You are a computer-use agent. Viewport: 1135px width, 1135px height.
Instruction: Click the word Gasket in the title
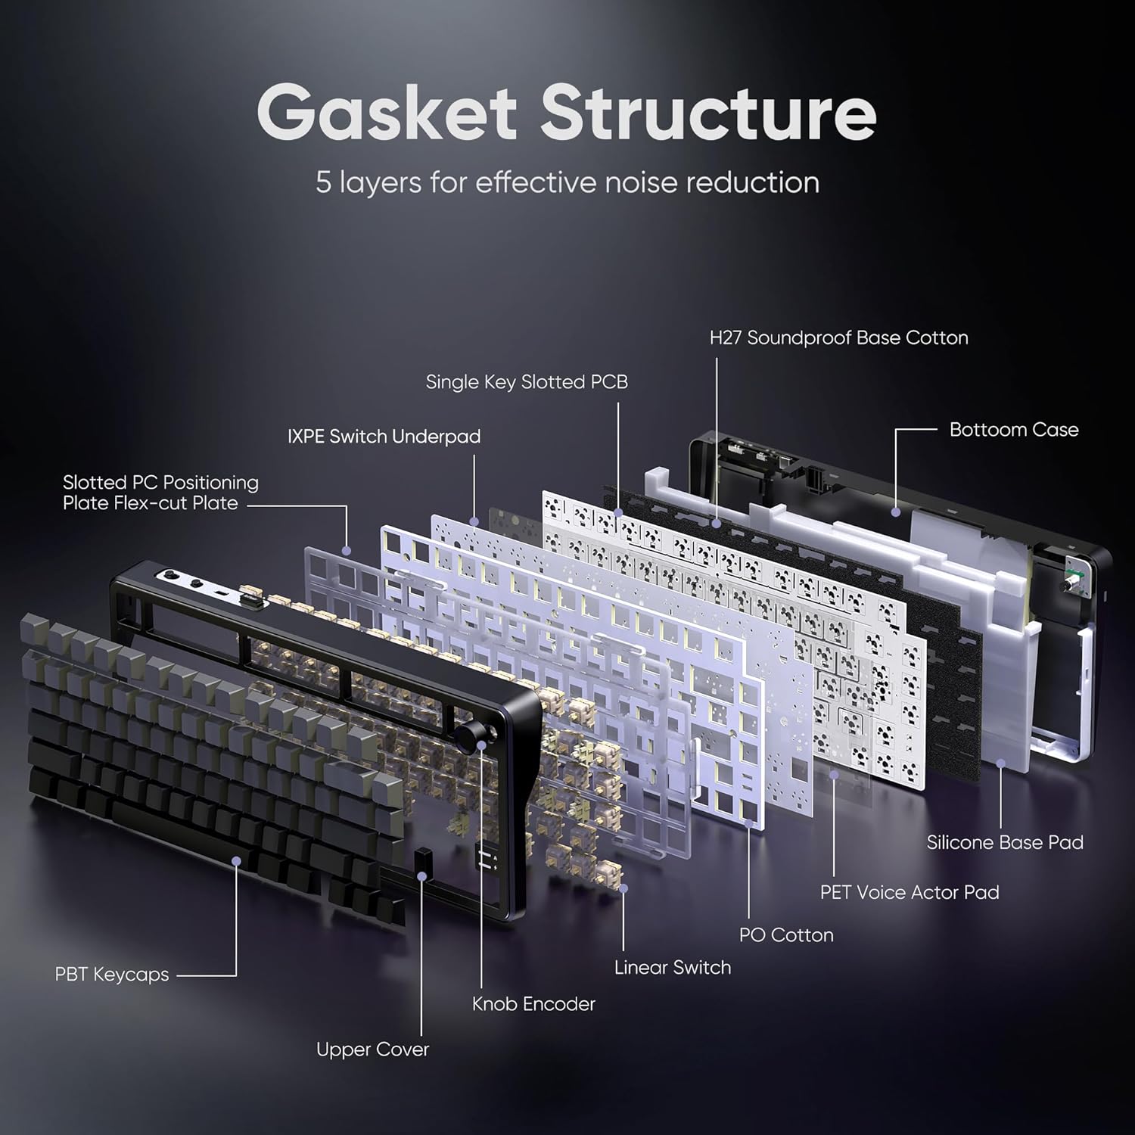[387, 113]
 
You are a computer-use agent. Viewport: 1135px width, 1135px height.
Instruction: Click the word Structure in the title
[708, 113]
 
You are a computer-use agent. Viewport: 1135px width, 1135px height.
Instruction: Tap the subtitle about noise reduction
[567, 183]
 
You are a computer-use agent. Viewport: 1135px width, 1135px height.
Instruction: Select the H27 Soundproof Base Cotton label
[838, 337]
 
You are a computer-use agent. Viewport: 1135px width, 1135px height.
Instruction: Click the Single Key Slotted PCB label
[527, 382]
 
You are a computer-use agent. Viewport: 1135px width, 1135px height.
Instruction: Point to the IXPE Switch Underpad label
[384, 437]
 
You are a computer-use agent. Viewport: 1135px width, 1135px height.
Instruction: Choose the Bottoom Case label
[1014, 430]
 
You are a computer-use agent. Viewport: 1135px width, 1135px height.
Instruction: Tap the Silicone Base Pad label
[1005, 842]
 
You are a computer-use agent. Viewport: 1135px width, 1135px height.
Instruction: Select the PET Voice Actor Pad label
[910, 892]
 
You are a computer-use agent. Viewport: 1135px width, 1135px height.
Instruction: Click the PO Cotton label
[786, 935]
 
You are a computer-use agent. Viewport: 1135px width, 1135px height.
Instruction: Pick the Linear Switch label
[673, 968]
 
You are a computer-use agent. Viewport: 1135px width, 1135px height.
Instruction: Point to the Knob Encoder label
[533, 1004]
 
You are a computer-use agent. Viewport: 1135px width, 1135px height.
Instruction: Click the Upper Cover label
[372, 1049]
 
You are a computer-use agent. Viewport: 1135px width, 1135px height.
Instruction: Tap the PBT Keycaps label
[112, 975]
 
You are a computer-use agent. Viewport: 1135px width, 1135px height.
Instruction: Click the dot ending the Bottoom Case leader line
[896, 512]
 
